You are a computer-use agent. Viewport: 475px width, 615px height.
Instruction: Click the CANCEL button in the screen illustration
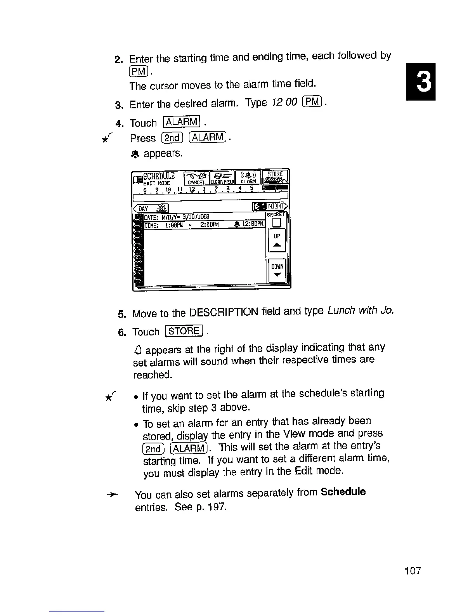click(x=196, y=177)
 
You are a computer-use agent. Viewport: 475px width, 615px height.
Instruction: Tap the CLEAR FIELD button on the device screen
click(x=223, y=177)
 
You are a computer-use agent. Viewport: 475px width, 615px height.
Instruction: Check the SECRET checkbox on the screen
click(x=277, y=223)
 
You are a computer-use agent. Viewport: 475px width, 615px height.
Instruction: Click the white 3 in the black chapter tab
click(x=421, y=82)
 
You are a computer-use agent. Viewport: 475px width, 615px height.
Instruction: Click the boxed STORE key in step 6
click(x=184, y=331)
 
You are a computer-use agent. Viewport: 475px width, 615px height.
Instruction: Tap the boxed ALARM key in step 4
click(x=182, y=122)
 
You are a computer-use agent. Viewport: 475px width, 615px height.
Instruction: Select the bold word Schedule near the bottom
click(x=343, y=492)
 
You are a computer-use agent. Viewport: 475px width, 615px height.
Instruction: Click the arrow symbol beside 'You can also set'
click(x=112, y=494)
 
